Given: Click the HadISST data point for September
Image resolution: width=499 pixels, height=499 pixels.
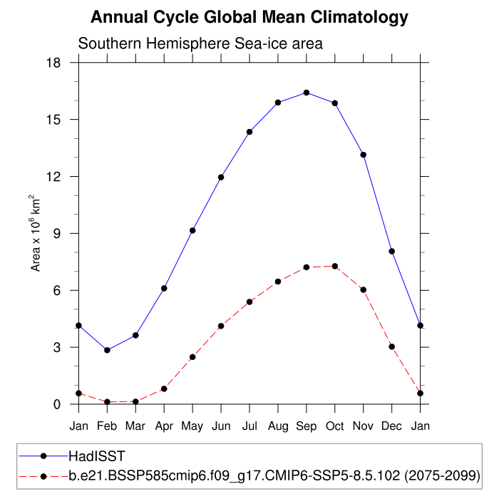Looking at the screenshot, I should (x=307, y=93).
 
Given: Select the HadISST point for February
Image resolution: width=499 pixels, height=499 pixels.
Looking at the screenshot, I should (x=107, y=350).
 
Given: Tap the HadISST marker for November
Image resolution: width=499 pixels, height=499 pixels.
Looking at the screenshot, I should (x=364, y=155).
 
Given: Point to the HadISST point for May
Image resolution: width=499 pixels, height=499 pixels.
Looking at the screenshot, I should (x=192, y=230).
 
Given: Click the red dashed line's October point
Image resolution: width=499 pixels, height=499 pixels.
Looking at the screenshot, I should (x=335, y=266).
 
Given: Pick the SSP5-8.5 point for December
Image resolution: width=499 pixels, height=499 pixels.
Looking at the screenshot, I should (x=392, y=346).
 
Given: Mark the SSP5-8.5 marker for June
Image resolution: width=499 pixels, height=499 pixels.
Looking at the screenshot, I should (x=221, y=326).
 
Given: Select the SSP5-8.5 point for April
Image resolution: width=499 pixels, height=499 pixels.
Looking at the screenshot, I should (x=164, y=389).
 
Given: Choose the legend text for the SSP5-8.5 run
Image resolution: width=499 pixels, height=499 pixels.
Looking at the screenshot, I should (x=274, y=475).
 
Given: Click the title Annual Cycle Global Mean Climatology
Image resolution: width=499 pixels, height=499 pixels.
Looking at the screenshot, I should (x=249, y=17).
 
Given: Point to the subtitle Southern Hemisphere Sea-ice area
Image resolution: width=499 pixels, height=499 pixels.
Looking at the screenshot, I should (x=200, y=43).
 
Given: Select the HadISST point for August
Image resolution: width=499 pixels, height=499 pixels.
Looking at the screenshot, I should (x=278, y=103).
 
